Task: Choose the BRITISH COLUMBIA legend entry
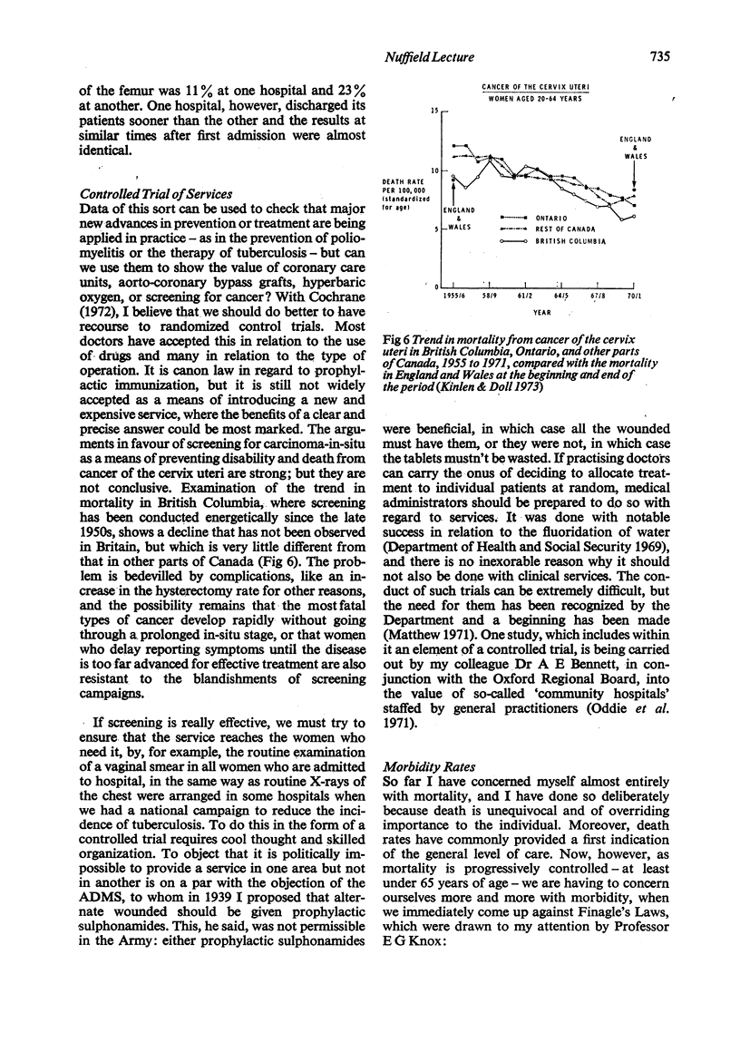tap(577, 241)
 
